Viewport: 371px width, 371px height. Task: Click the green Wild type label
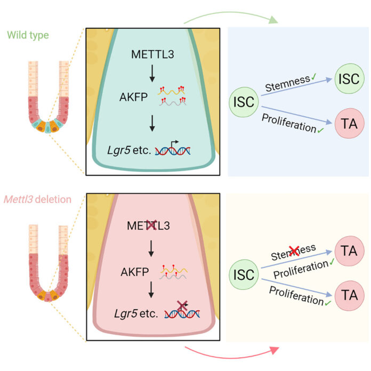pos(28,36)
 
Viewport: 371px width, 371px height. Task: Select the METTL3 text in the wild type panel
pos(152,55)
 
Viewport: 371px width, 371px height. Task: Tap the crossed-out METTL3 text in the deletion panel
pos(152,225)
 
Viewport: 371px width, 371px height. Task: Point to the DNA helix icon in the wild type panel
pos(173,150)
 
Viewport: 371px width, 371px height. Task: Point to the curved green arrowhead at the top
pos(274,21)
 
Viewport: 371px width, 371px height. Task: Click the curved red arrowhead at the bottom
pos(275,350)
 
